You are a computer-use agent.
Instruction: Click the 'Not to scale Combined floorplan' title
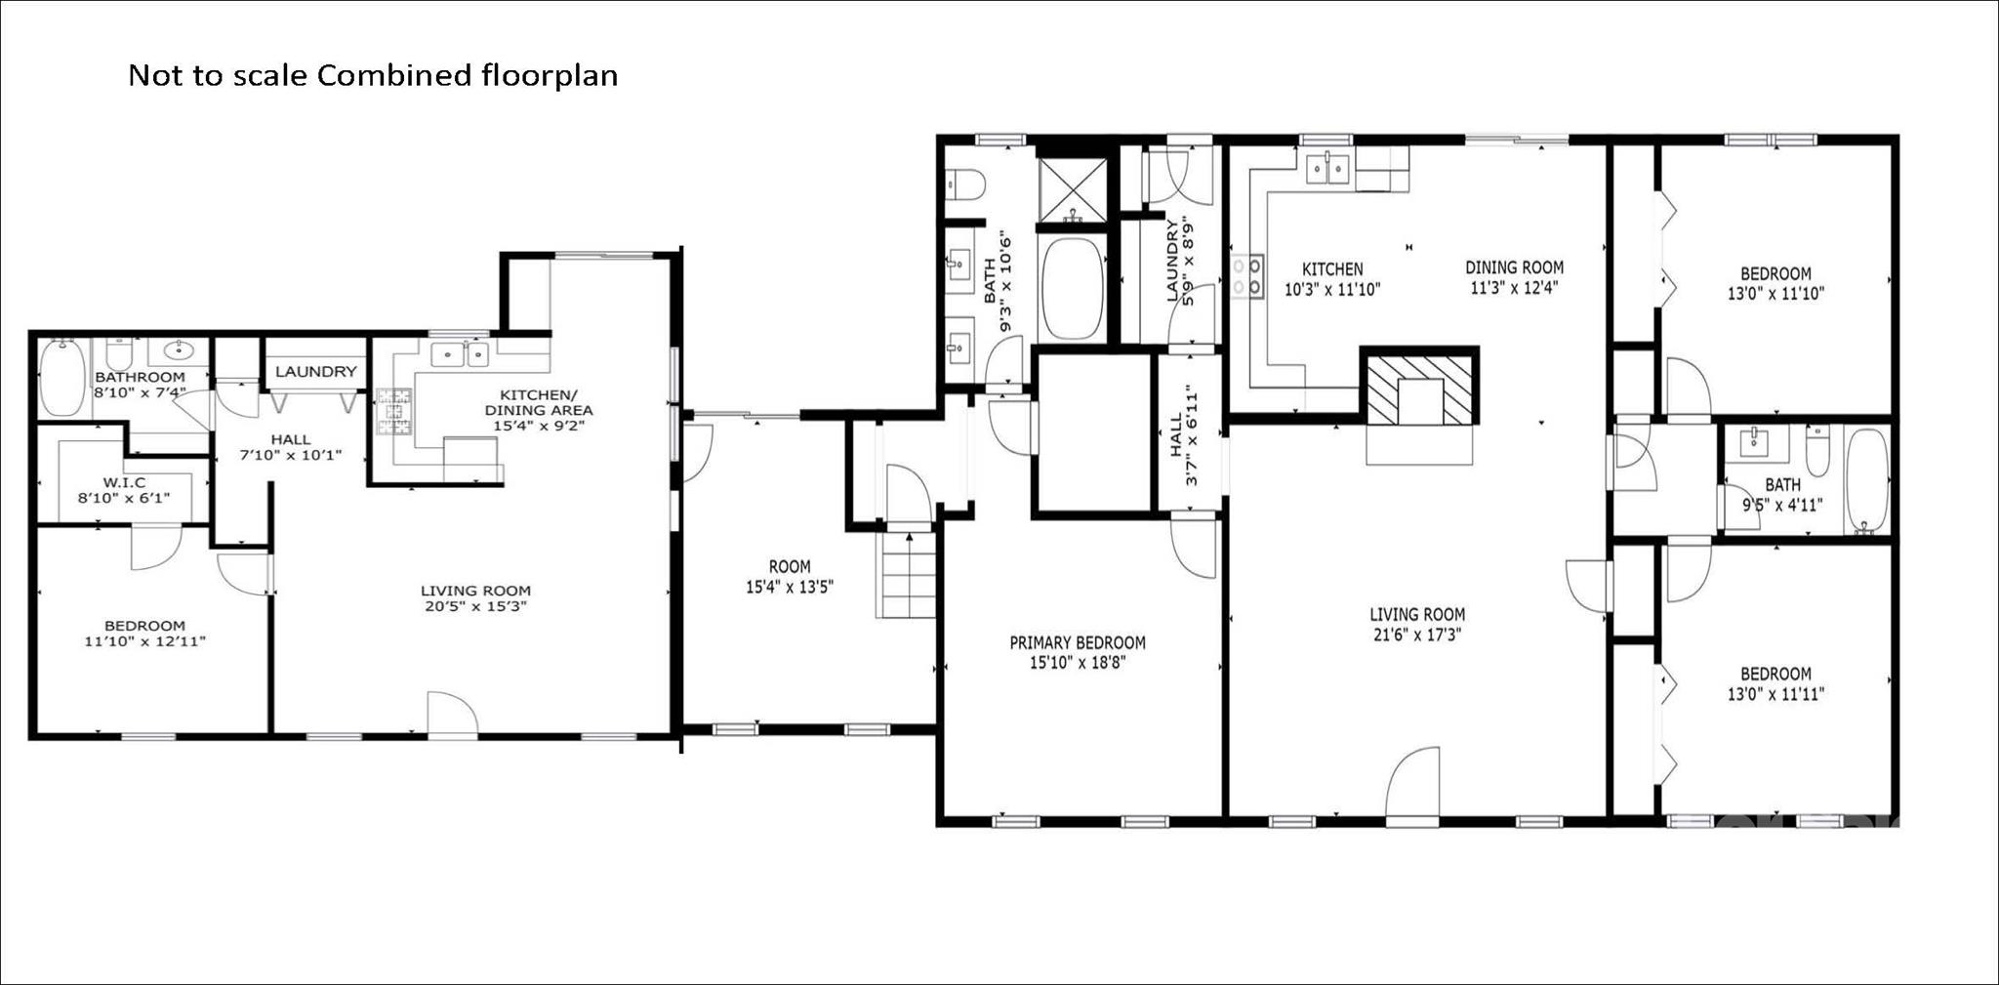click(373, 75)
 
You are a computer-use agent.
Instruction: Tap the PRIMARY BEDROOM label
click(1077, 642)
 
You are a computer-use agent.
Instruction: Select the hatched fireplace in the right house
click(1419, 388)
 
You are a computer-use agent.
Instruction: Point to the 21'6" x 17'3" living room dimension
click(1416, 635)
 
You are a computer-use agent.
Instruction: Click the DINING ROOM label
click(1514, 267)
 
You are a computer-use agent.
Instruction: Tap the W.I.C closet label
click(124, 482)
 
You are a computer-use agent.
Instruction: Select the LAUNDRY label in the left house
click(315, 372)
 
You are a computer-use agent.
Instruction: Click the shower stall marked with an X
click(1071, 190)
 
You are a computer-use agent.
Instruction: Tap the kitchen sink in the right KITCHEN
click(1327, 169)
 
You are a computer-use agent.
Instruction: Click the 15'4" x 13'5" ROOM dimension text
click(789, 587)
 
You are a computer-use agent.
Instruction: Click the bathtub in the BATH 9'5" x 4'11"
click(1867, 481)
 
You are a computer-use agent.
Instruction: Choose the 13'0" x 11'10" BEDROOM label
click(1775, 283)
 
